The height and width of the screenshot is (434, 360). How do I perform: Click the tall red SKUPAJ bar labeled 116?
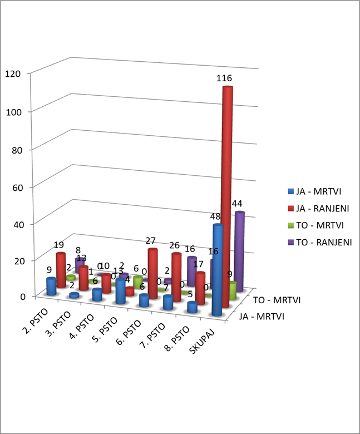tap(226, 195)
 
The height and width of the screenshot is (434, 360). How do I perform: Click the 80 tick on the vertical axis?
tap(17, 149)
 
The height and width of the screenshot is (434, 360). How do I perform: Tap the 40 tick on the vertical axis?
tap(17, 224)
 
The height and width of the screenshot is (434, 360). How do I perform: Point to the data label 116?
tap(224, 78)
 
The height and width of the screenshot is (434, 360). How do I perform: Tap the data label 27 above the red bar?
tap(150, 241)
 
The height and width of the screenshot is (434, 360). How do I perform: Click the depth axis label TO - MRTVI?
tap(277, 300)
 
